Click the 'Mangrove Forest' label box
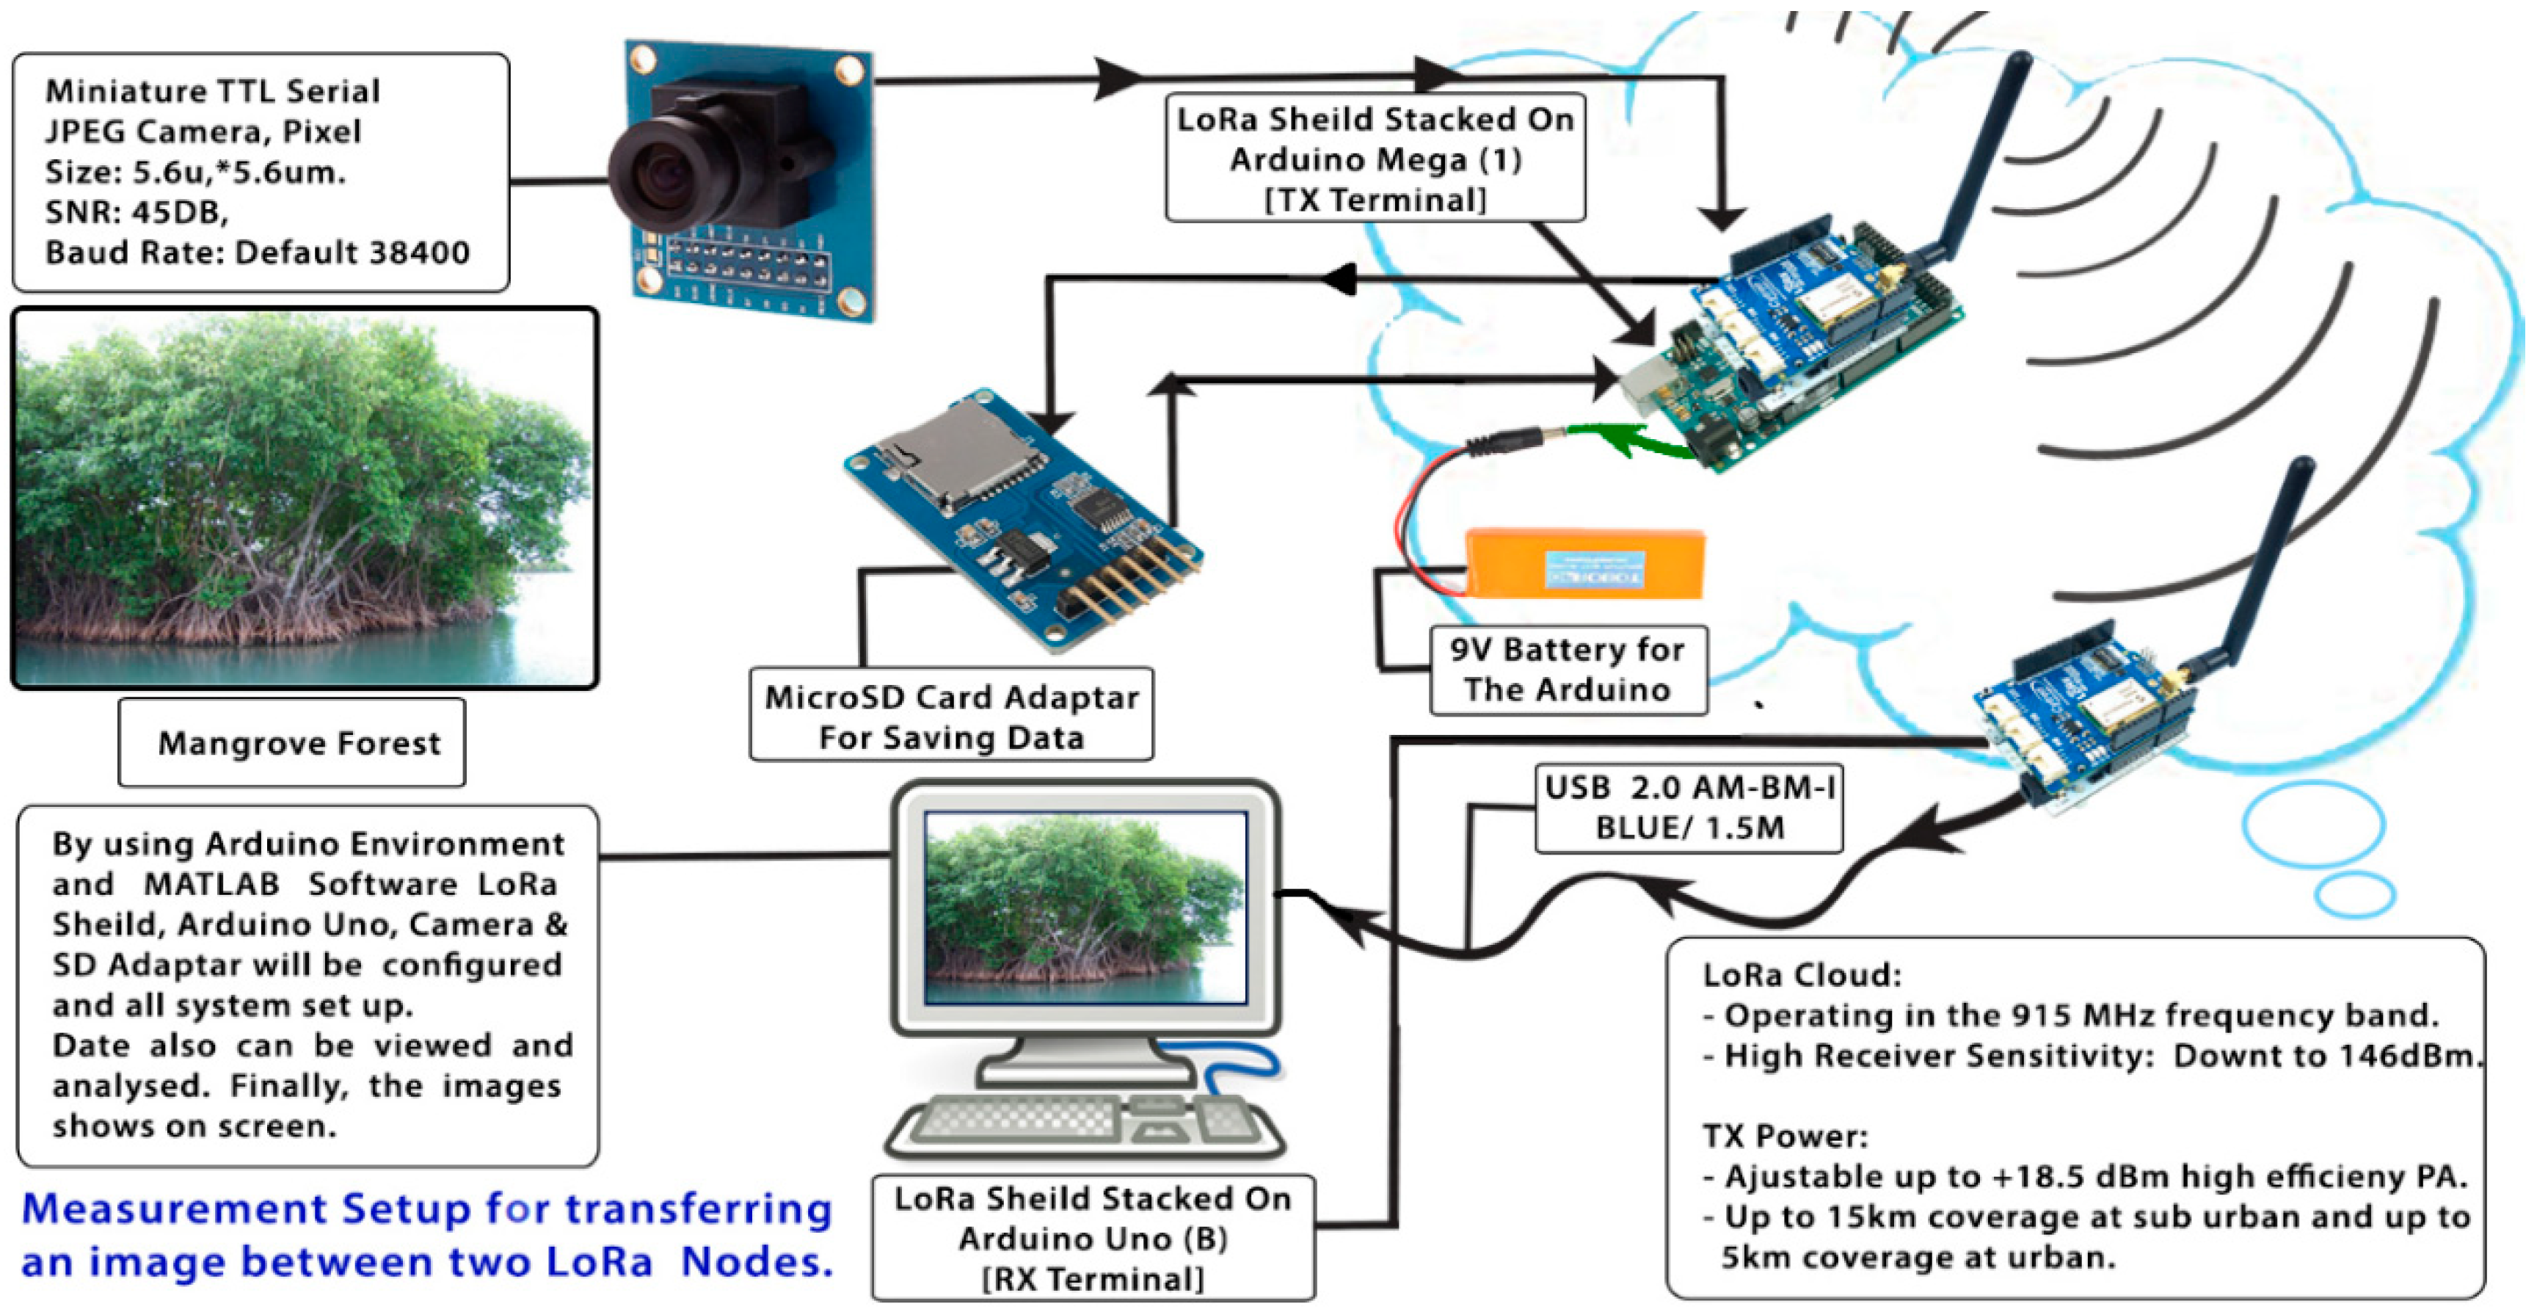pos(293,743)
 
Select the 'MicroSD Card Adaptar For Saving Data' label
pos(951,716)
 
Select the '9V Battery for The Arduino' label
pos(1567,670)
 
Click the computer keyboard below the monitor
pos(1083,1123)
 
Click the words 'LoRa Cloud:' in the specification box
pos(1802,975)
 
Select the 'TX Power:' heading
pos(1785,1136)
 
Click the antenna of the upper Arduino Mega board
pos(1979,158)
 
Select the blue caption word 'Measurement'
pos(173,1208)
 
